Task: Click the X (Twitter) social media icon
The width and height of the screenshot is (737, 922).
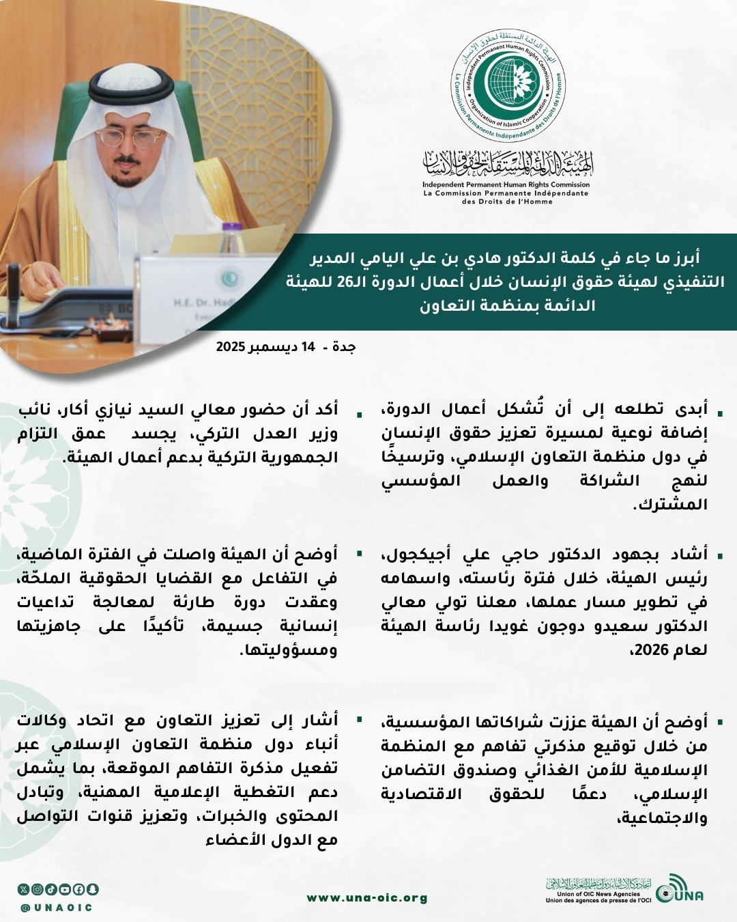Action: click(x=24, y=889)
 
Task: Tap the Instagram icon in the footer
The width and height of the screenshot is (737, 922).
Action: click(x=38, y=889)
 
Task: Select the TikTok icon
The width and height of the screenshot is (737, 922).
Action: click(x=51, y=889)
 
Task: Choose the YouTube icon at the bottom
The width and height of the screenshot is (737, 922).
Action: click(x=65, y=889)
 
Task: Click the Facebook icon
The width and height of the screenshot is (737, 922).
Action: click(x=78, y=889)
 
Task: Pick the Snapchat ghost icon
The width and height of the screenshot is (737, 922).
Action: click(x=92, y=889)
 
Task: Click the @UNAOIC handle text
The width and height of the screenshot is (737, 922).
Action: click(x=57, y=908)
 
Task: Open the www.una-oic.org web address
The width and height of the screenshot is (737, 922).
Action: click(x=367, y=898)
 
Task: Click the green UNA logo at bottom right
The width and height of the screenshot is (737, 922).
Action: click(x=680, y=890)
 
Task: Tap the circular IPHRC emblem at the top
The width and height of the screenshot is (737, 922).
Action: click(x=508, y=86)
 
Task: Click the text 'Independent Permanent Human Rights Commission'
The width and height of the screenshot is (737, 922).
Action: click(x=506, y=184)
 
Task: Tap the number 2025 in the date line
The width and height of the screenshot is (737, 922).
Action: click(x=231, y=347)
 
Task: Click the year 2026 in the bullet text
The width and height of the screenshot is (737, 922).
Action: click(x=652, y=650)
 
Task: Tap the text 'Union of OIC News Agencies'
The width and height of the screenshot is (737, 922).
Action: click(x=598, y=894)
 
